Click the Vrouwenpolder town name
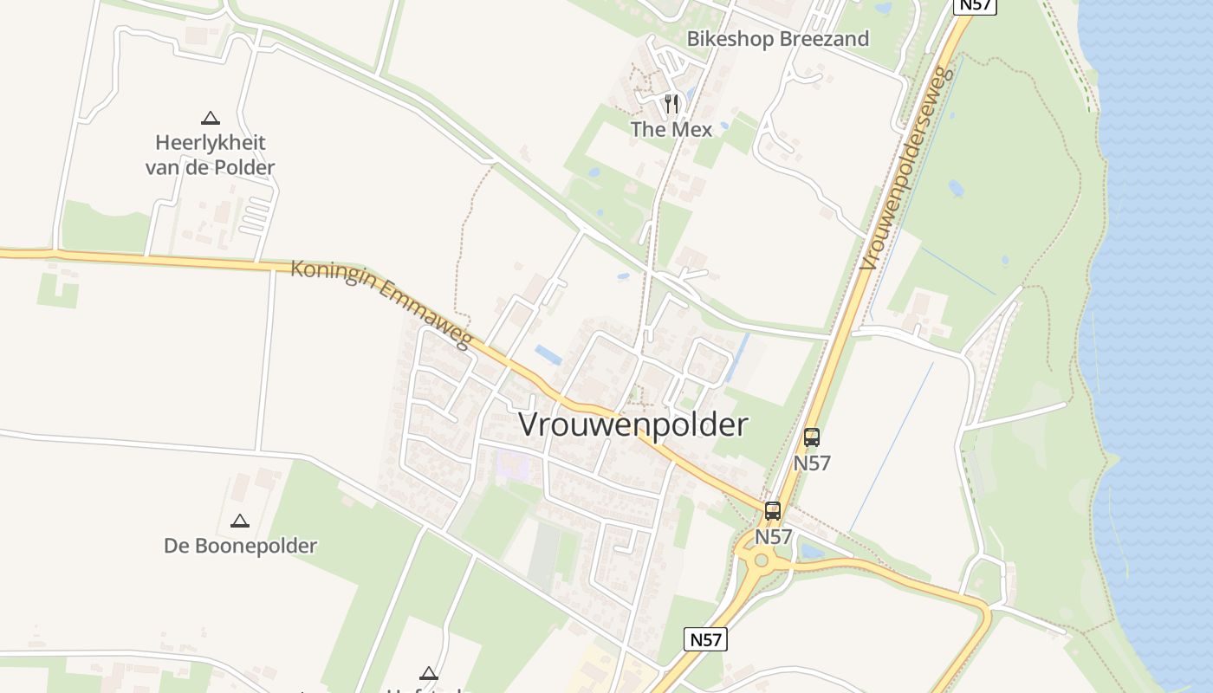click(632, 425)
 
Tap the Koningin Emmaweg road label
click(381, 303)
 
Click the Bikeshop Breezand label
click(777, 39)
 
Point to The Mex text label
click(671, 130)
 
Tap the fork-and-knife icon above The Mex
click(671, 104)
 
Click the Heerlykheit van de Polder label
click(210, 154)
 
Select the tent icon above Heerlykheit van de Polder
click(210, 118)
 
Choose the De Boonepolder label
click(240, 546)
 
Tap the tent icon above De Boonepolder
click(240, 521)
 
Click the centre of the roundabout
click(762, 560)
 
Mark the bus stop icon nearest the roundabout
click(773, 511)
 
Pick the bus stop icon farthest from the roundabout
click(812, 437)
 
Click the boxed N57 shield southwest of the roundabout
click(705, 639)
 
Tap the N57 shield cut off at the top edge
click(975, 5)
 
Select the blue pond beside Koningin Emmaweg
click(548, 354)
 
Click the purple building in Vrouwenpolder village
click(512, 466)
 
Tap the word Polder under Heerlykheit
click(243, 167)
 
